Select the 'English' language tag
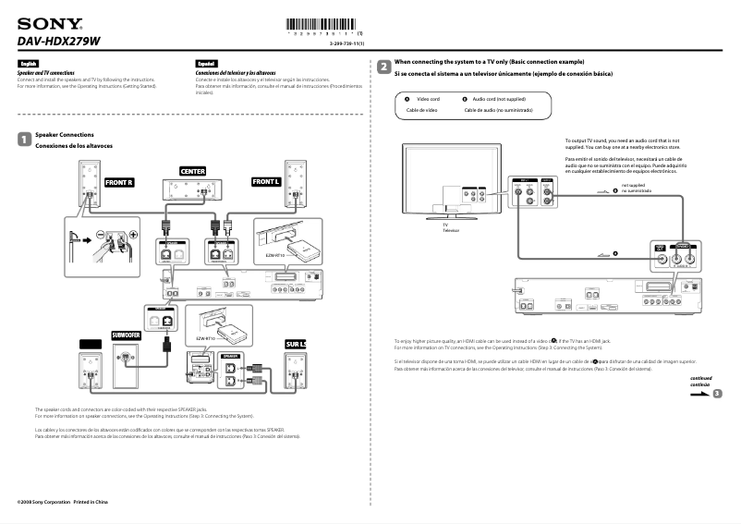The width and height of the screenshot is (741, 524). [28, 64]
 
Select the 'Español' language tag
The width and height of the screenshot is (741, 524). [206, 64]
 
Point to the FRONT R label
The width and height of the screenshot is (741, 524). [120, 183]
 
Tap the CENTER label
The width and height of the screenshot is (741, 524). [192, 171]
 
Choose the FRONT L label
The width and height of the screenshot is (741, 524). [265, 183]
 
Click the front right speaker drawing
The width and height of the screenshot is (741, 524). [90, 184]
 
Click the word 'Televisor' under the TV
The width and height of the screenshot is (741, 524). [450, 230]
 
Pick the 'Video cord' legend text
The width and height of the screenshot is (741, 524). [428, 98]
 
